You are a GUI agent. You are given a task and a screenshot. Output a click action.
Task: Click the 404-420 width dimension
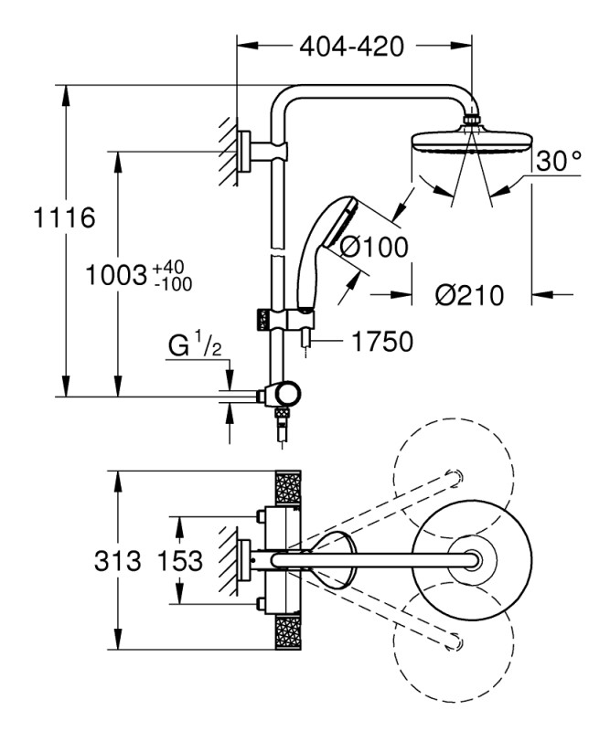coord(351,47)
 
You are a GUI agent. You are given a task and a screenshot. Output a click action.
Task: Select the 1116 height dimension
coord(64,217)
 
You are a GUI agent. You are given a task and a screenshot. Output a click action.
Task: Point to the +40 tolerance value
coord(169,268)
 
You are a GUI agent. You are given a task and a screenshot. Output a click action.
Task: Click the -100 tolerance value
coord(173,283)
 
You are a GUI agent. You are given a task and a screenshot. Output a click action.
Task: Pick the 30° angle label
coord(558,161)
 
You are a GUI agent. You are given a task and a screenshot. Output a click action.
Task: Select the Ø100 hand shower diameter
coord(373,247)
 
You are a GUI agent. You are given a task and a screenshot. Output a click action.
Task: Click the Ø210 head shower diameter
coord(469,295)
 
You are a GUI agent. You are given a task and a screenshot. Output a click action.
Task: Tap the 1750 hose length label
coord(381,341)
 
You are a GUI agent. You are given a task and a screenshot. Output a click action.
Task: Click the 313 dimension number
coord(118,560)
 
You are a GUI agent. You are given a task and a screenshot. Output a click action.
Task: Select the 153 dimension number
coord(179,560)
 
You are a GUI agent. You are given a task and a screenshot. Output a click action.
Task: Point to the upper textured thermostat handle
coord(288,488)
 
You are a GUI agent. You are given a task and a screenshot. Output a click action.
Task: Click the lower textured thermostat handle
coord(288,632)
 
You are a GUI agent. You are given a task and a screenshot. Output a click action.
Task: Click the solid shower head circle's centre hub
coord(472,559)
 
